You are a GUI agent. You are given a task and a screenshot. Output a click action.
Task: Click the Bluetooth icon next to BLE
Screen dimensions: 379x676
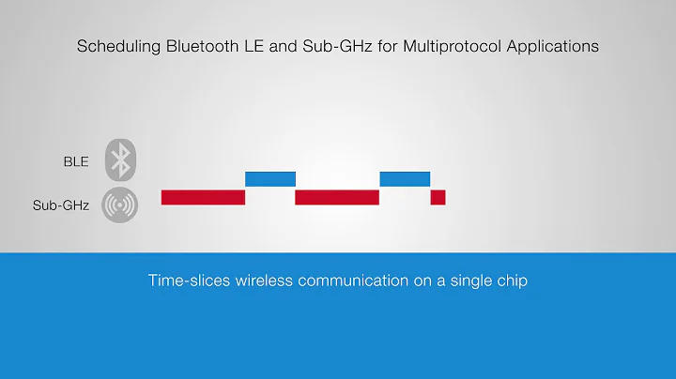pos(120,160)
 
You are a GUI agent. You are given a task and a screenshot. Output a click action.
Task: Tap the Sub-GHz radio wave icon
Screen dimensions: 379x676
pos(120,204)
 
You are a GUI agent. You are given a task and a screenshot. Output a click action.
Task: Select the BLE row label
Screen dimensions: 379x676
pos(76,161)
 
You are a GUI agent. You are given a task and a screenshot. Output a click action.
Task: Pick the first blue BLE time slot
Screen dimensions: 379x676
pos(270,178)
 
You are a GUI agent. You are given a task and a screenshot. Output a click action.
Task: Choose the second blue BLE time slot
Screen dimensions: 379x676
pos(405,178)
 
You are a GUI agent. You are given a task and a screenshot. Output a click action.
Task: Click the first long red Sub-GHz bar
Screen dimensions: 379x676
pos(203,197)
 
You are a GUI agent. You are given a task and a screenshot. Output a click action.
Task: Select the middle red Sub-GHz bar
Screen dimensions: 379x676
pos(337,197)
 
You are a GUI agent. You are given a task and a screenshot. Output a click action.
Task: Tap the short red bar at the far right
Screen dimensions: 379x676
pos(438,197)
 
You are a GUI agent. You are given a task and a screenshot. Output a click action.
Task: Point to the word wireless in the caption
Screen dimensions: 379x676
pos(262,280)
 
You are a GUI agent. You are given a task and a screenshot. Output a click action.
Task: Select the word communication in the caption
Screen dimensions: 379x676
pos(348,280)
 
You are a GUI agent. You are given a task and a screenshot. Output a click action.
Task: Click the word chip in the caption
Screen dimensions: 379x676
pos(512,280)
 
